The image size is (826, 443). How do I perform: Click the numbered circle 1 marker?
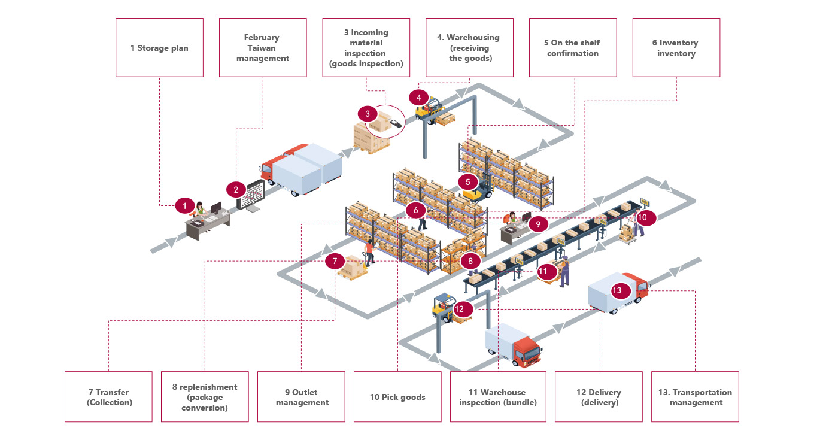[185, 206]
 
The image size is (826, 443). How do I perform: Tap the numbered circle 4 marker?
[419, 97]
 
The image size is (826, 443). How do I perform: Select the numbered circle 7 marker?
[335, 261]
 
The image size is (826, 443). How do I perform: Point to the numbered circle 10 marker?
[642, 217]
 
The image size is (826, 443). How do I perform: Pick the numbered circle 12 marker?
[460, 310]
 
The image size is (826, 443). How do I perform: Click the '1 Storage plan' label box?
[159, 48]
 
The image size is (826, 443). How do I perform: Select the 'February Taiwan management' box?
[263, 48]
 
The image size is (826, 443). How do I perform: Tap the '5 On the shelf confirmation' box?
[572, 48]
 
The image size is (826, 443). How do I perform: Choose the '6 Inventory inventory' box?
[676, 48]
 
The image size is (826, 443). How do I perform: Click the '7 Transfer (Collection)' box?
[108, 397]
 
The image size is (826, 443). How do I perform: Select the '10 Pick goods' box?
[397, 397]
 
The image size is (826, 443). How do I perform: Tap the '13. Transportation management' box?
[695, 397]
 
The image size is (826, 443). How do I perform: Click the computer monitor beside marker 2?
[251, 195]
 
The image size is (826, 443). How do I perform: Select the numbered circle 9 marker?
[538, 224]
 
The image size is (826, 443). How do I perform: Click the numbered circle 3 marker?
[368, 113]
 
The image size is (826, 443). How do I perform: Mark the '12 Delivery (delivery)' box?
[599, 397]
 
